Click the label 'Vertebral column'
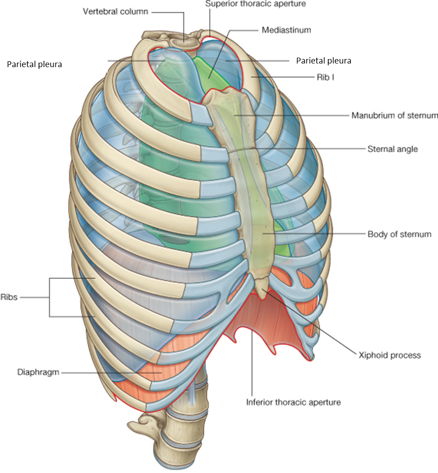coord(115,11)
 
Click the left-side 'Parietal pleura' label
coord(34,64)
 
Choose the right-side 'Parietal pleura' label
coord(323,60)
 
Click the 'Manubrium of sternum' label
coord(394,115)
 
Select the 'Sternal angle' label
coord(392,148)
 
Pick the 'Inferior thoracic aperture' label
coord(293,402)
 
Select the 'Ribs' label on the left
coord(9,297)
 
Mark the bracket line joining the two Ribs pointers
coord(50,297)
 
